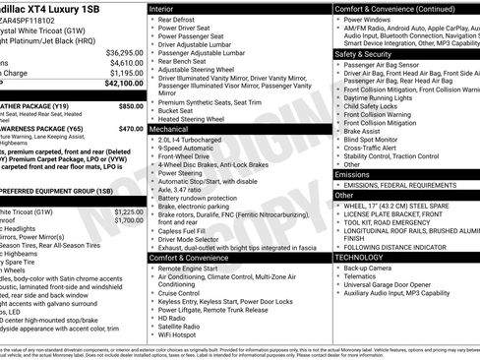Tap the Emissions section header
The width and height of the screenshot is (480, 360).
point(353,174)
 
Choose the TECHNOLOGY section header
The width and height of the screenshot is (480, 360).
point(360,257)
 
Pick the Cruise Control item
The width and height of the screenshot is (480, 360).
point(186,293)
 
